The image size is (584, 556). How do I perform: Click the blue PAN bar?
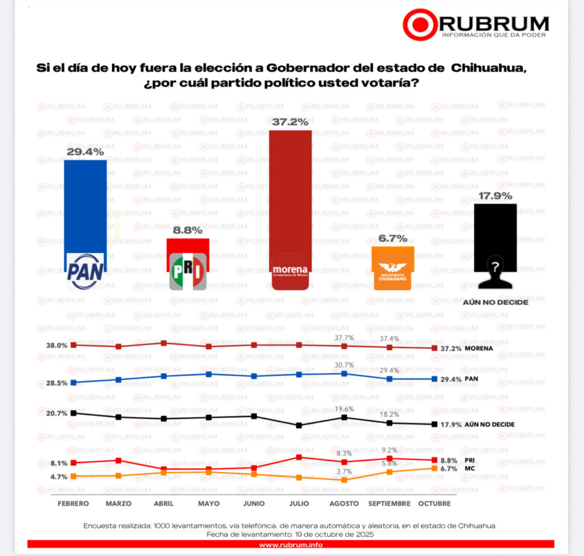coord(85,206)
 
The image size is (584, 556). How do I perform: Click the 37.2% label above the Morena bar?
coord(290,122)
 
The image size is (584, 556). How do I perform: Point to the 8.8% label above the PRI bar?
coord(188,229)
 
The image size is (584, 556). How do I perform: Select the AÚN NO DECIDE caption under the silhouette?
coord(495,302)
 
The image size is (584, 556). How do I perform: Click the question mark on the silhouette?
coord(495,266)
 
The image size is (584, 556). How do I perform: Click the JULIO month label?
coord(299,503)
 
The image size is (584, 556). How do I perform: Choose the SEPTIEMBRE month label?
coord(389,503)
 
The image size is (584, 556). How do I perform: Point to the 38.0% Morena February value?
coord(57,345)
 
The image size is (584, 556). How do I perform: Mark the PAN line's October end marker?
coord(435,378)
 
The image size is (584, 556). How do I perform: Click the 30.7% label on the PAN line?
coord(344,365)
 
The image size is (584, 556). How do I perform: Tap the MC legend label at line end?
coord(454,469)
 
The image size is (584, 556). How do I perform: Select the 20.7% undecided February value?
coord(57,413)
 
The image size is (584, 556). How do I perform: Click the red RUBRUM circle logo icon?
coord(420,25)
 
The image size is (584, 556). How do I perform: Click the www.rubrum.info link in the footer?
coord(291,544)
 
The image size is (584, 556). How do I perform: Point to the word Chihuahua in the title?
coord(488,68)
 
